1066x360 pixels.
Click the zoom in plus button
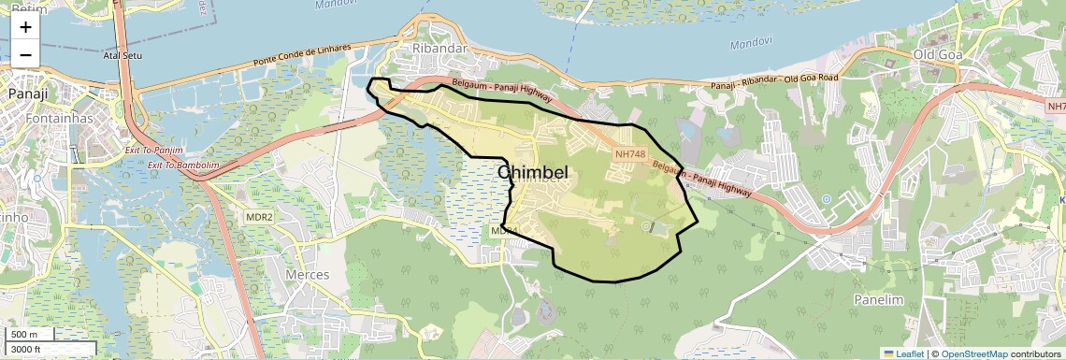(x=25, y=28)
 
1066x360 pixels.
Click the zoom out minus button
(x=25, y=54)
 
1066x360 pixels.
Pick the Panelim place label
(x=876, y=299)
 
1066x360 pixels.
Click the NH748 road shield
(x=630, y=152)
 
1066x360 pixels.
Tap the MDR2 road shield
(x=259, y=217)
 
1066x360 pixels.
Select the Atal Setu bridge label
(x=123, y=56)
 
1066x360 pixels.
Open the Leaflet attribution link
(x=904, y=353)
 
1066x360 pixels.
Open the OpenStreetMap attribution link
(x=973, y=353)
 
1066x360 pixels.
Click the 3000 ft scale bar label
(x=28, y=350)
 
